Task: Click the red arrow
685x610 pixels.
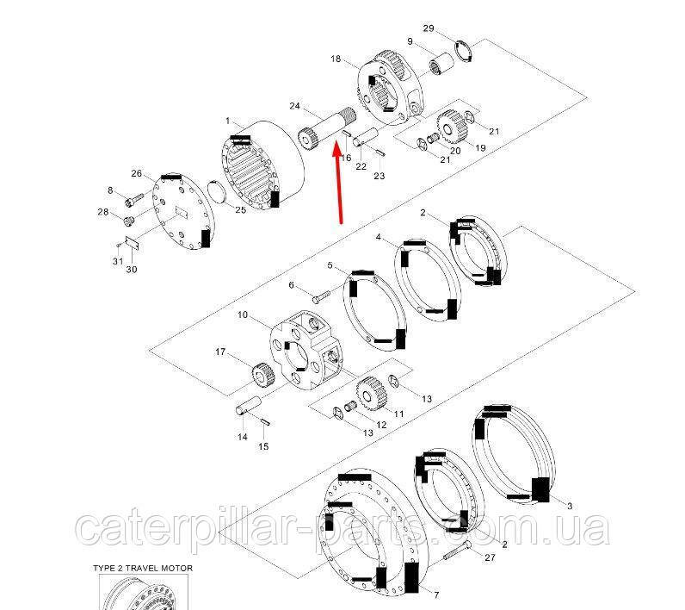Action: pos(337,182)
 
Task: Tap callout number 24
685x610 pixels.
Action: pos(295,106)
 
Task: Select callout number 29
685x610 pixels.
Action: pos(429,28)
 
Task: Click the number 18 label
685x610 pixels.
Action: pos(336,59)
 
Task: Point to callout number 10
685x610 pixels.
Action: pos(243,314)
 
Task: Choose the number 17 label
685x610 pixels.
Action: pos(220,352)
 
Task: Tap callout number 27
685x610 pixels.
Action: pos(491,557)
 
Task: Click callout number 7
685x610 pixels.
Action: pos(436,594)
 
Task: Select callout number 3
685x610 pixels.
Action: pos(570,506)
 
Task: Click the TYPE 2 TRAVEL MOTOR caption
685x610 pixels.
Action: pos(143,568)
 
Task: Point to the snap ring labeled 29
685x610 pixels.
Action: pos(464,52)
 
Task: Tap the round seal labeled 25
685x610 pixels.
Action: pos(217,192)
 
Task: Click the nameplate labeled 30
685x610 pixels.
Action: pos(132,243)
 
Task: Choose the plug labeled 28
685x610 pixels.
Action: pos(129,221)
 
